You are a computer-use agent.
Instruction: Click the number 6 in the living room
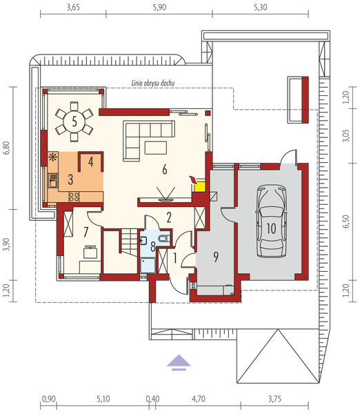164,169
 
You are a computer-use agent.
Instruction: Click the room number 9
216,257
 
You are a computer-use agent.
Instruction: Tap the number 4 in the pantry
90,161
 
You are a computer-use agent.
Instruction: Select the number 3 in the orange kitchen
70,179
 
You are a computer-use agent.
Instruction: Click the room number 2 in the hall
168,217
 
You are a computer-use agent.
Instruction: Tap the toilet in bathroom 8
161,239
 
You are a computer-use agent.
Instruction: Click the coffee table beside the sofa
155,146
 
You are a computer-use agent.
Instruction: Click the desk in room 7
88,254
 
